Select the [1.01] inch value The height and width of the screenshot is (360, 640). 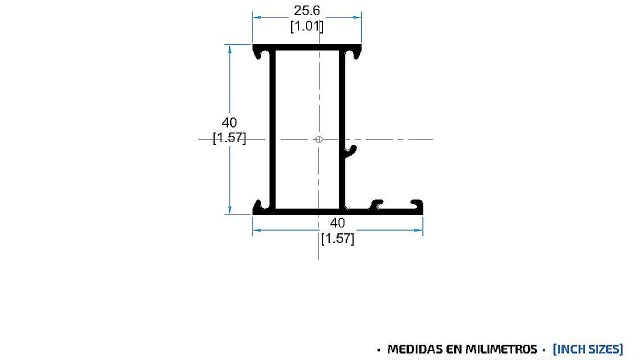[307, 26]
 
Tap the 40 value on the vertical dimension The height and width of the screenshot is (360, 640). [229, 122]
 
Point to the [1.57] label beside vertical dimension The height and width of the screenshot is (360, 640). [229, 137]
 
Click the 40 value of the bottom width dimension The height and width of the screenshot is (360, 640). [337, 223]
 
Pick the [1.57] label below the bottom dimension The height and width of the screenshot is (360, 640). [337, 239]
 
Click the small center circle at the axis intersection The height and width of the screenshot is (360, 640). [319, 139]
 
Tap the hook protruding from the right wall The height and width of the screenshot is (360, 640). [351, 150]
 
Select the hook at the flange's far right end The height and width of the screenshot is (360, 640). [417, 204]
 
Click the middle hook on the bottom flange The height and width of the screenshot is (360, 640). [377, 204]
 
